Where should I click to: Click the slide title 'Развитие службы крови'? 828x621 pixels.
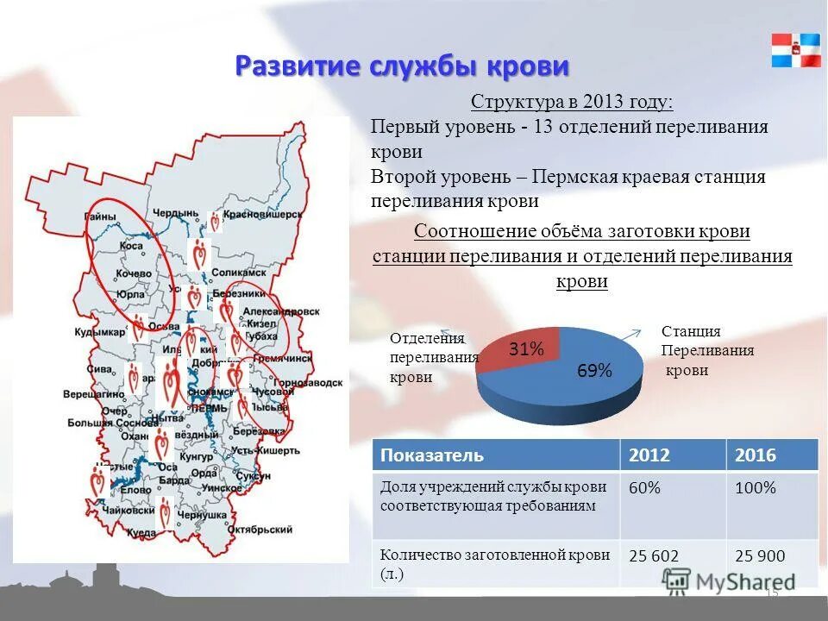(x=403, y=66)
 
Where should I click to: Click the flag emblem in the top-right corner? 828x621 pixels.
(x=796, y=50)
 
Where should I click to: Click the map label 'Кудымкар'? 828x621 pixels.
(x=95, y=332)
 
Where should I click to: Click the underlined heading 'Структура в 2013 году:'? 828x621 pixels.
(x=572, y=103)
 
